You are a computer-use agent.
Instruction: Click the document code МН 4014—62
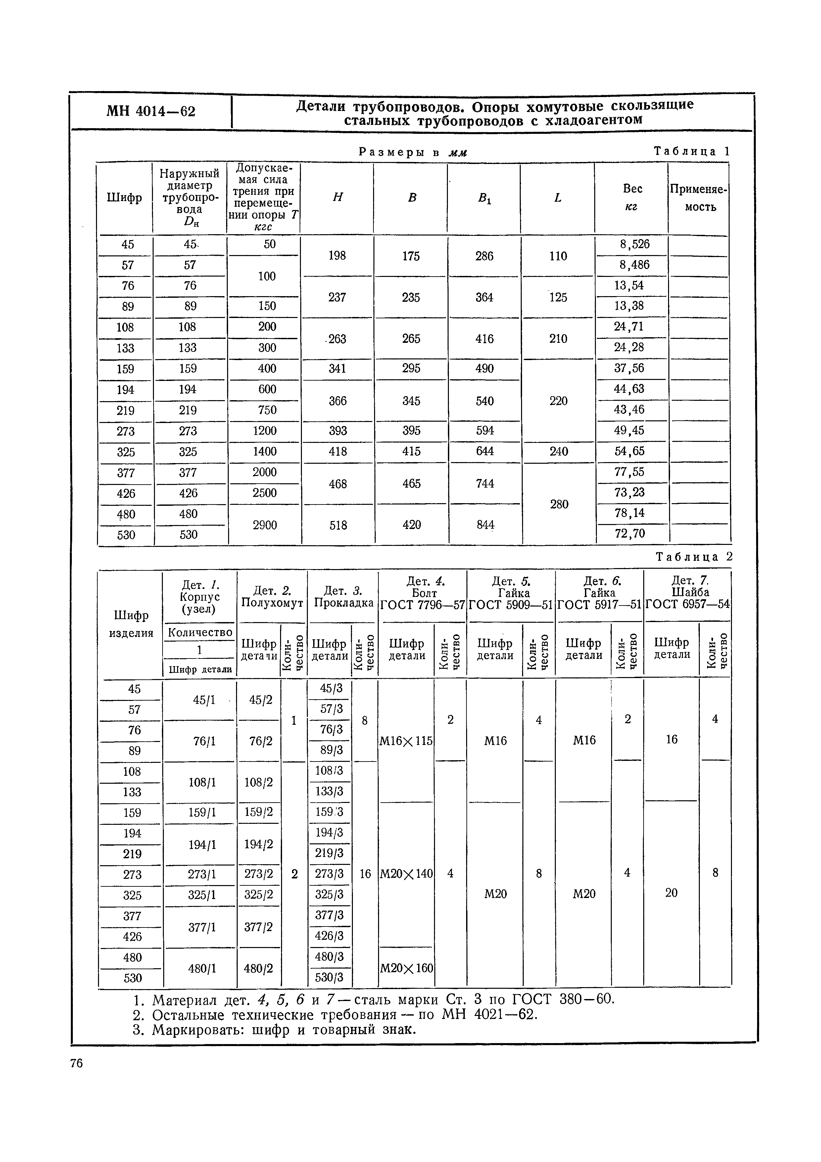coord(151,111)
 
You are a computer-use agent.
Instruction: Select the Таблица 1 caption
coord(692,151)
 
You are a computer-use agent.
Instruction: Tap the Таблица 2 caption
coord(694,557)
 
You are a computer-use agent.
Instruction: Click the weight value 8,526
coord(634,244)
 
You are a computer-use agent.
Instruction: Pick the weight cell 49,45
coord(629,431)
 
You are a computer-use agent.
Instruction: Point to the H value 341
coord(337,368)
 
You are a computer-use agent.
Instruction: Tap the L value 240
coord(558,451)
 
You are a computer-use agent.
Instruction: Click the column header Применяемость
coord(700,198)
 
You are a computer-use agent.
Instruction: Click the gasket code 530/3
coord(329,977)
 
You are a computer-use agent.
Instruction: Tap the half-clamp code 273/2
coord(259,874)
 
